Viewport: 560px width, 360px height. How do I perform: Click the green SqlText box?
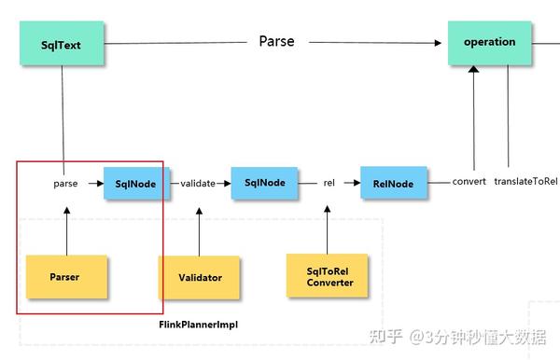(63, 43)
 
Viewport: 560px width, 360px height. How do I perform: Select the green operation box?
(489, 42)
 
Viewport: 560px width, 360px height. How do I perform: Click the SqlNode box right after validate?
(264, 183)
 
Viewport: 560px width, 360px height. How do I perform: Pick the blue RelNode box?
(393, 184)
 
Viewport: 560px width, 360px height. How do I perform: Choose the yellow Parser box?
(65, 276)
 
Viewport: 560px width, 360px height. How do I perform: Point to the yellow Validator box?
(199, 277)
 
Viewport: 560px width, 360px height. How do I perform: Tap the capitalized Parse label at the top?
(276, 42)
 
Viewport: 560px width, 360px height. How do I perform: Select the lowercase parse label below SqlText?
(65, 184)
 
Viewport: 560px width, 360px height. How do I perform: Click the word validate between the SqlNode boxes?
(197, 184)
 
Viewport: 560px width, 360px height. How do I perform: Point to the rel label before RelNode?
(329, 184)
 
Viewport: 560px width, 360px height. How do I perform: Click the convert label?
(469, 181)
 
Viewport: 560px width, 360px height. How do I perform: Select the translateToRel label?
(525, 181)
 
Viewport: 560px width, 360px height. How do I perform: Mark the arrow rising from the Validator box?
(198, 231)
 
